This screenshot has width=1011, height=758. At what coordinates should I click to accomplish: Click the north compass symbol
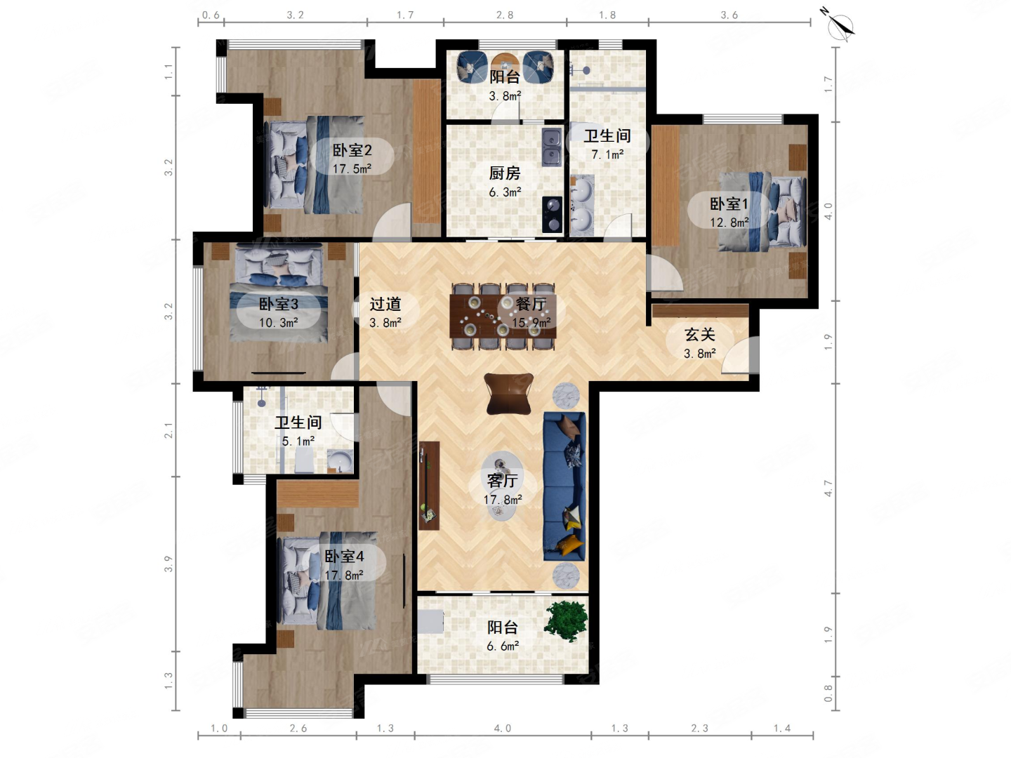pos(839,25)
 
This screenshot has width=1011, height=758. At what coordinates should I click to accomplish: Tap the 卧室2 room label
pos(352,150)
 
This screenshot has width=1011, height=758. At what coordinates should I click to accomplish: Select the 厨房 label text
pos(504,173)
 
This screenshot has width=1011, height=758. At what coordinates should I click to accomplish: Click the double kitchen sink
pos(552,147)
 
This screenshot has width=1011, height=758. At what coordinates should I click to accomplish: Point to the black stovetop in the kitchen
pos(552,215)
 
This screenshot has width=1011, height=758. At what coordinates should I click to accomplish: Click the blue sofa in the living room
pos(564,486)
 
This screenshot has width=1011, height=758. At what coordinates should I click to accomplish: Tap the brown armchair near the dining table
pos(508,393)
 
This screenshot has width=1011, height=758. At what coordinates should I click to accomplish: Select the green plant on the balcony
pos(566,621)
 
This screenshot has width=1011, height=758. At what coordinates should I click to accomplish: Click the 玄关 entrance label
pos(700,335)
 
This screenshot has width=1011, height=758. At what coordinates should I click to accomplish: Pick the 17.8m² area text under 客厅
pos(503,499)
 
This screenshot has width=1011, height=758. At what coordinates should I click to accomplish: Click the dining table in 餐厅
pos(503,317)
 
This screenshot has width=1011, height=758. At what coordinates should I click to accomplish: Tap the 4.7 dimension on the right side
pos(828,488)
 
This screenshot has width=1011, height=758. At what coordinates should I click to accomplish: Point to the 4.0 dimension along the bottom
pos(503,729)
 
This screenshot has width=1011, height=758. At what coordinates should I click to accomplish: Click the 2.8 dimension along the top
pos(505,15)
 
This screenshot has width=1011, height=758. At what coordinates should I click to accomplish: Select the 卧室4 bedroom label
pos(344,557)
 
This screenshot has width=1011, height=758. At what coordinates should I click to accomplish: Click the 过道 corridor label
pos(385,304)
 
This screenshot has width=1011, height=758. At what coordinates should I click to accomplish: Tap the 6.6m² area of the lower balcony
pos(503,646)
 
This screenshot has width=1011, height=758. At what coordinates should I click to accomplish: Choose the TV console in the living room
pos(429,486)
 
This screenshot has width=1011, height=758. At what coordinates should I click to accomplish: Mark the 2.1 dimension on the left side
pos(168,430)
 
